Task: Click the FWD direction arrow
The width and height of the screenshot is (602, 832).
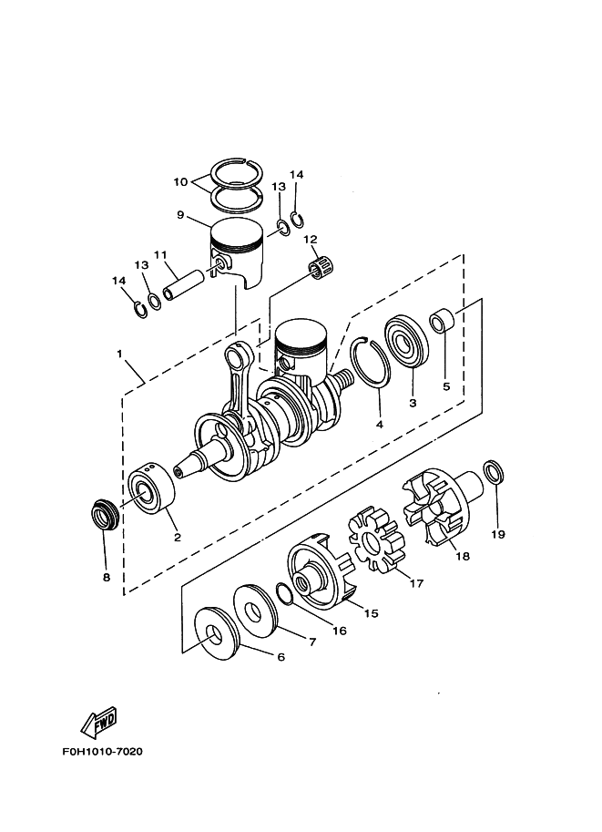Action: pos(99,722)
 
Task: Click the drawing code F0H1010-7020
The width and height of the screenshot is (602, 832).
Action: pos(102,751)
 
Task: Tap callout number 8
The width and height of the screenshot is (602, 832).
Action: pos(106,578)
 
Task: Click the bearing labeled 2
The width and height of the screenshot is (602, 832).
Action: pos(152,488)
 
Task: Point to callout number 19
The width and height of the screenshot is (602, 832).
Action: pos(497,534)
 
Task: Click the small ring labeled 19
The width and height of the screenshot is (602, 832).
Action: pos(495,472)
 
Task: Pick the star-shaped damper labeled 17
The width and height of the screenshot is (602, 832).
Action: pos(376,541)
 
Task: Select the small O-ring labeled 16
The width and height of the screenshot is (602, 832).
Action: pos(284,593)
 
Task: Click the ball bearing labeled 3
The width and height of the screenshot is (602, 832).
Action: pos(406,343)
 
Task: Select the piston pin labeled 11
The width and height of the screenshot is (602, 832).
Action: pos(184,285)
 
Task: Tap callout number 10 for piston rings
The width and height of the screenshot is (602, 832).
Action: pos(180,182)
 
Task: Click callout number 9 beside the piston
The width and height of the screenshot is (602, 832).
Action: pos(180,215)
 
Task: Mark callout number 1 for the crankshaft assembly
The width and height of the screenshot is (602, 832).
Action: pos(120,354)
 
